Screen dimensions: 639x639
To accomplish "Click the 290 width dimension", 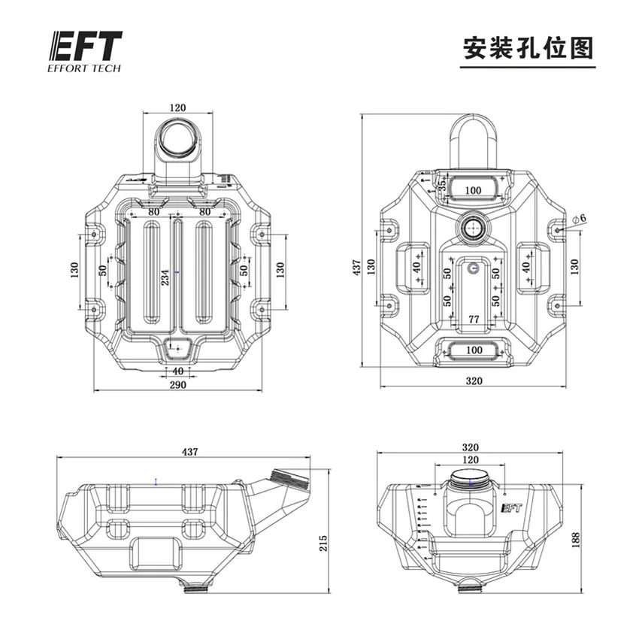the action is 177,384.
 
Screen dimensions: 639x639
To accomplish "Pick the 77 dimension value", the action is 474,319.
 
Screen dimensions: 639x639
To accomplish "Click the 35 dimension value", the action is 443,182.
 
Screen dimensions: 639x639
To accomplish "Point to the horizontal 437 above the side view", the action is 190,452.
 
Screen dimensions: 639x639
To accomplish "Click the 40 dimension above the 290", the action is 177,371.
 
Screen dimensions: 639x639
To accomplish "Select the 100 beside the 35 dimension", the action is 473,190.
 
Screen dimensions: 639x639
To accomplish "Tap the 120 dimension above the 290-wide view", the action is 177,108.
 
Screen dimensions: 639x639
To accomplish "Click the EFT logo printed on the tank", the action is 510,507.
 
